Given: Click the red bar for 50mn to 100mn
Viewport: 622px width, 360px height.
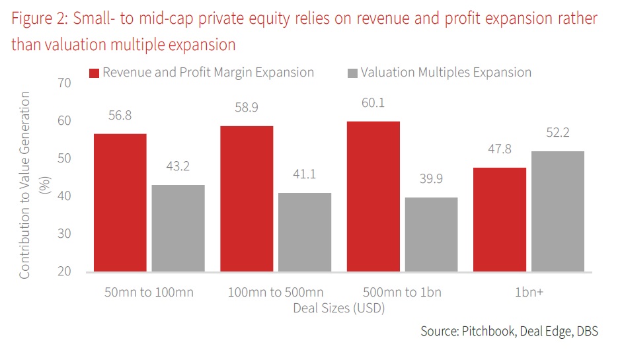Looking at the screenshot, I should (120, 202).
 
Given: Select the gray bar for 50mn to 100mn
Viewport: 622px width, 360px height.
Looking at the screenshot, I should (178, 228).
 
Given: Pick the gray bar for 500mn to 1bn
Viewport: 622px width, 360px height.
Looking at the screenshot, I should (430, 234).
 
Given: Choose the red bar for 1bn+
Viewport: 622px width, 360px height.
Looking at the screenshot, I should (499, 219).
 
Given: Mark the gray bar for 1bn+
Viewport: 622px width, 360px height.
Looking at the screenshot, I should (557, 211).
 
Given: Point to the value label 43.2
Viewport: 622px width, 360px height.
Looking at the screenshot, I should (178, 166).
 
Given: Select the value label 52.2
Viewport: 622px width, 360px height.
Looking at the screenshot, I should (557, 133).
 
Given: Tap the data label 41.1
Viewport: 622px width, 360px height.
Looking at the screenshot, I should (304, 174).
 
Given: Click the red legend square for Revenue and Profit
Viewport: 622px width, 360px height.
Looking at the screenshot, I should (94, 73).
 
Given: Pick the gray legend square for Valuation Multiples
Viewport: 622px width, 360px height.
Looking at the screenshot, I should (352, 73).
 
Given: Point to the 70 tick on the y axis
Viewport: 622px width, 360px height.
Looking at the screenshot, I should (64, 83).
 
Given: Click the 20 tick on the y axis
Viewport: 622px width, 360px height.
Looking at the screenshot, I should (64, 271).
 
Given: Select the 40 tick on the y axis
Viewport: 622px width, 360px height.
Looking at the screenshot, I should (64, 196).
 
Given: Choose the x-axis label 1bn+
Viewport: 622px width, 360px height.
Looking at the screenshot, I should (528, 292).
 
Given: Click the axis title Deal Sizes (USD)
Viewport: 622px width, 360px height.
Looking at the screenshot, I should (338, 307).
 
